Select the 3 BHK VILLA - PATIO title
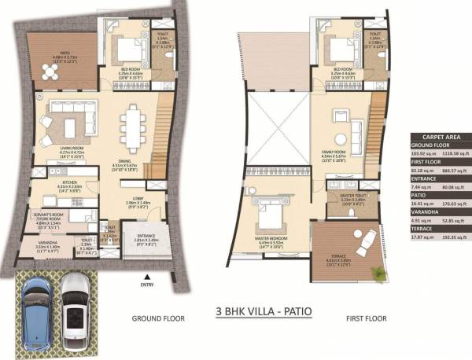[264, 312]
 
